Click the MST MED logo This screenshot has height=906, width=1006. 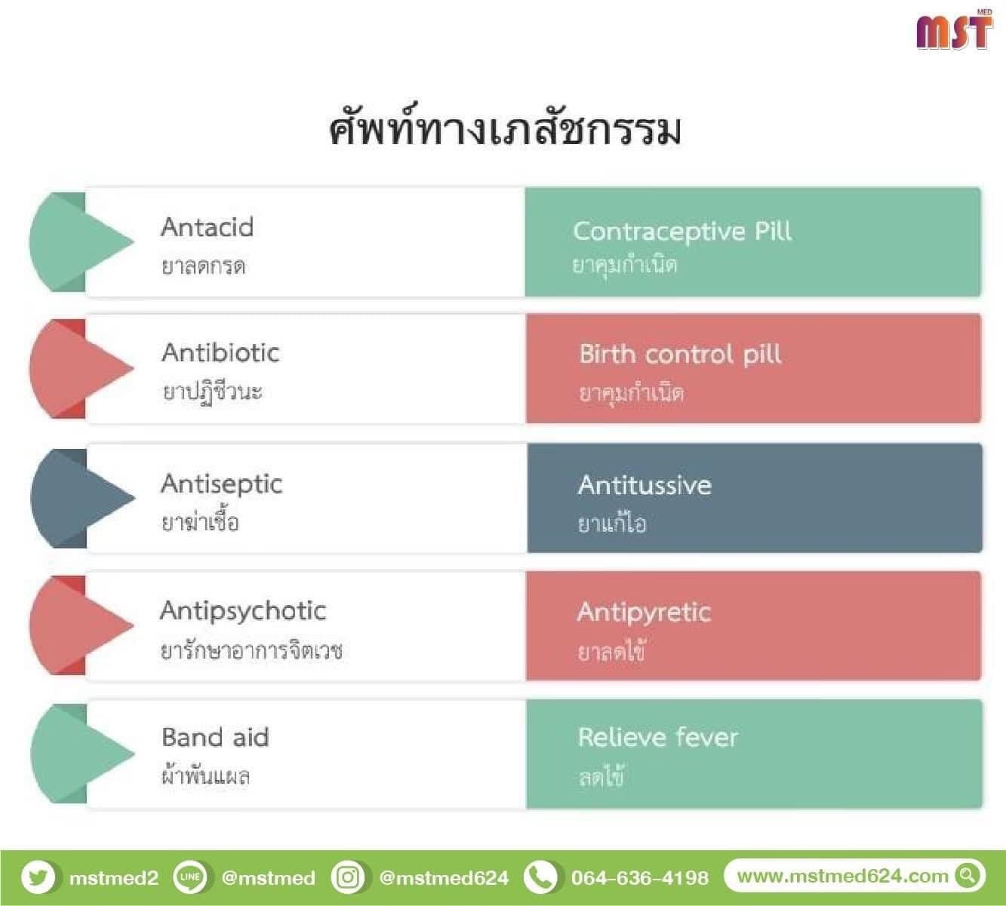coord(954,29)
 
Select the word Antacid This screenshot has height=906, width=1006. coord(207,227)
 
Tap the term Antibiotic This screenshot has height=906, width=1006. coord(220,352)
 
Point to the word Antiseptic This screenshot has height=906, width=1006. coord(222,485)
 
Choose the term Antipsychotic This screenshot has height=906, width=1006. coord(243,612)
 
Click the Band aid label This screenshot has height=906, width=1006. coord(215,738)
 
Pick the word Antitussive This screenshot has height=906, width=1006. coord(645,485)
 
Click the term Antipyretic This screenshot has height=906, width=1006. coord(644,613)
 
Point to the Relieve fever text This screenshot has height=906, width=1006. coord(658,738)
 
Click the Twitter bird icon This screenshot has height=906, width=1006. coord(38,877)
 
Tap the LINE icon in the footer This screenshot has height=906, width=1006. coord(189,877)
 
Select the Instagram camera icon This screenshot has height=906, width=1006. coord(348,877)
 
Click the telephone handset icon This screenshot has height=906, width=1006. coord(540,877)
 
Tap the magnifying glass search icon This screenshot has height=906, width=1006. coord(968,876)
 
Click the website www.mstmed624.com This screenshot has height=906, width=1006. coord(842,877)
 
